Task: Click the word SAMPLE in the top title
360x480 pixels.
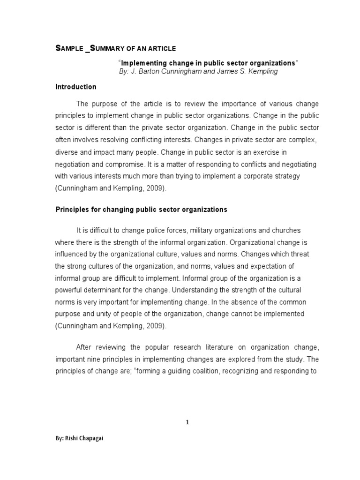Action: pos(69,49)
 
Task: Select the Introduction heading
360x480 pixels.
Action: pos(76,87)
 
